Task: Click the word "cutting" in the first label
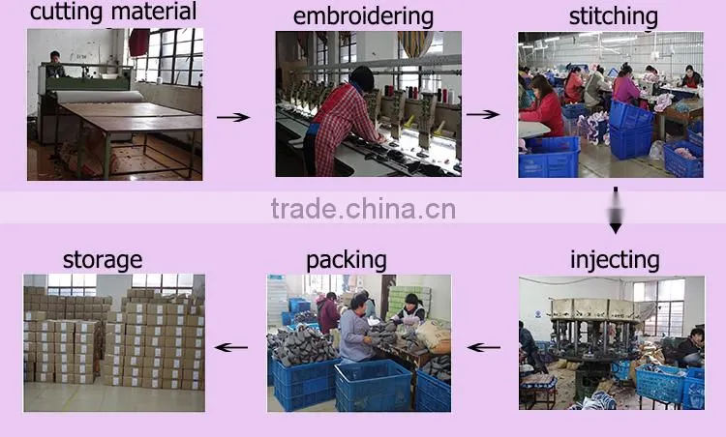[66, 12]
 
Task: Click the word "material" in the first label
[154, 11]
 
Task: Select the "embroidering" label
[363, 17]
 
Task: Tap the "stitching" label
[614, 17]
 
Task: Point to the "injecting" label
[615, 261]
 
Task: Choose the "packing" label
[347, 261]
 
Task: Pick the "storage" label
[103, 261]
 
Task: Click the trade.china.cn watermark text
[363, 209]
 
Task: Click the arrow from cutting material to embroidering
[233, 117]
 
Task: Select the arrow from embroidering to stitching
[482, 114]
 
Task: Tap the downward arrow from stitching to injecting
[616, 211]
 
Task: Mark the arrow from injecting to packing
[484, 347]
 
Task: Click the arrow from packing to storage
[231, 347]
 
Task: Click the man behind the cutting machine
[55, 65]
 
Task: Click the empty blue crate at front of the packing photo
[374, 386]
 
